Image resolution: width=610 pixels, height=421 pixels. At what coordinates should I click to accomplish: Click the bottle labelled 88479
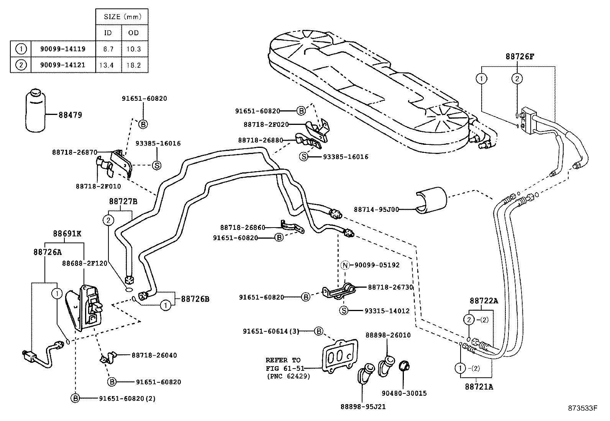click(36, 111)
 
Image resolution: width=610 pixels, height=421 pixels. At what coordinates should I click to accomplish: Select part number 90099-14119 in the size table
click(62, 49)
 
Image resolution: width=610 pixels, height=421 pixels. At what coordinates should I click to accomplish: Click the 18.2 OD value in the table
click(134, 65)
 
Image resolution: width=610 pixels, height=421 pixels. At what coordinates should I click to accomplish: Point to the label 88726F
click(519, 57)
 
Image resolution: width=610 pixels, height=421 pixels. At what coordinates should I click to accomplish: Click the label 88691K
click(67, 233)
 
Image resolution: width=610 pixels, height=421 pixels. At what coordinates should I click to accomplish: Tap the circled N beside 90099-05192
click(345, 265)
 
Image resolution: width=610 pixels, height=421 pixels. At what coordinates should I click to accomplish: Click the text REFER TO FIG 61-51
click(283, 364)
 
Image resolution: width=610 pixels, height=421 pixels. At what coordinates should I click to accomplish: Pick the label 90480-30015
click(404, 393)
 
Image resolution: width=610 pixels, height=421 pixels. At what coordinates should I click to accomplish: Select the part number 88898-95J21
click(362, 406)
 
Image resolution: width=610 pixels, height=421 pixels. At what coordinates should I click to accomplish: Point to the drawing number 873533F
click(582, 408)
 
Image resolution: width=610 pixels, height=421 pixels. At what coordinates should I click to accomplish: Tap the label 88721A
click(479, 387)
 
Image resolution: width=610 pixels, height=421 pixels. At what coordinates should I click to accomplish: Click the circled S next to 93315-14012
click(344, 311)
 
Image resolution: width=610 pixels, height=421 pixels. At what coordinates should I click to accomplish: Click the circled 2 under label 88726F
click(517, 79)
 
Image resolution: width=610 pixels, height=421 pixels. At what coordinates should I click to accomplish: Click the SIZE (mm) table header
click(123, 17)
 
